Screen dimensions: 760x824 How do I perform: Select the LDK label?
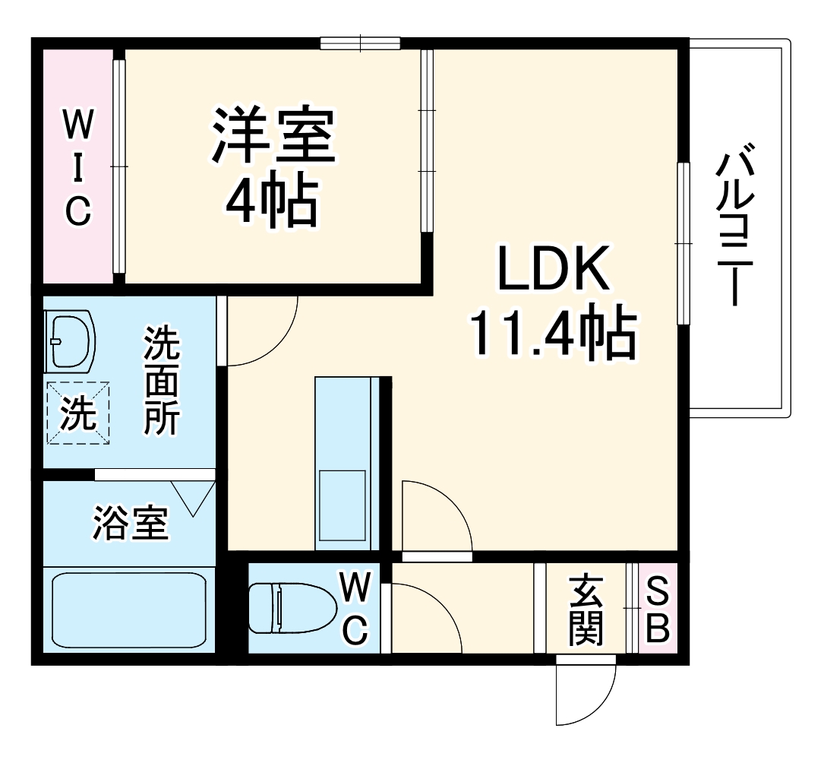(553, 270)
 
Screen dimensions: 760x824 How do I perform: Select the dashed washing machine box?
(79, 413)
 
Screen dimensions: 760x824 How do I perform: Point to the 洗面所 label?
(163, 380)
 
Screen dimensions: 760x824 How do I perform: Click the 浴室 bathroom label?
(131, 523)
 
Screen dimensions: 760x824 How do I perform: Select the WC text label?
(355, 608)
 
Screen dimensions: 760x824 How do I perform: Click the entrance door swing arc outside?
(585, 695)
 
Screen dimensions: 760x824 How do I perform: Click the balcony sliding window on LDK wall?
(684, 243)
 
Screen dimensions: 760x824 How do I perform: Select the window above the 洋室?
(360, 43)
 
